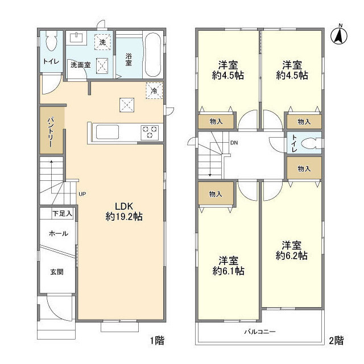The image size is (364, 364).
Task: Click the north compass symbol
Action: coord(339,35)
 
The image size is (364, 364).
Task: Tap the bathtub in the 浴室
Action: coord(153,55)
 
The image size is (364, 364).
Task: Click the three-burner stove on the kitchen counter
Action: coord(150,133)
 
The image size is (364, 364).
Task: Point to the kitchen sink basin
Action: coord(107,132)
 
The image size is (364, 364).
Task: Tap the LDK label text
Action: coord(124,206)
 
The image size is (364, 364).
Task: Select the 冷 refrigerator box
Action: coord(154,90)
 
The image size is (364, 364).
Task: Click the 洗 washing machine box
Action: coord(102,42)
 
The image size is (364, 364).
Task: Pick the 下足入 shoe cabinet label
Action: coord(62,213)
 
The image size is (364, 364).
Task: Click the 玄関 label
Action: coord(57,272)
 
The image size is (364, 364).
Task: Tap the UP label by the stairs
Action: coord(82,194)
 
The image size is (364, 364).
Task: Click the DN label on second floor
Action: coord(234,143)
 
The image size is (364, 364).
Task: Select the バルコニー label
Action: coord(260,332)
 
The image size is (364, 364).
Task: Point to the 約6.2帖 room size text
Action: coord(292,255)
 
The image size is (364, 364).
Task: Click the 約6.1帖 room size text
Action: coord(228,271)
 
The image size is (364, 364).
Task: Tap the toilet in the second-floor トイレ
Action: coord(312,143)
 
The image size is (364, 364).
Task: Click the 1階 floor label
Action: coord(157,341)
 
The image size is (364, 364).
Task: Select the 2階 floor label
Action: coord(336,341)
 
